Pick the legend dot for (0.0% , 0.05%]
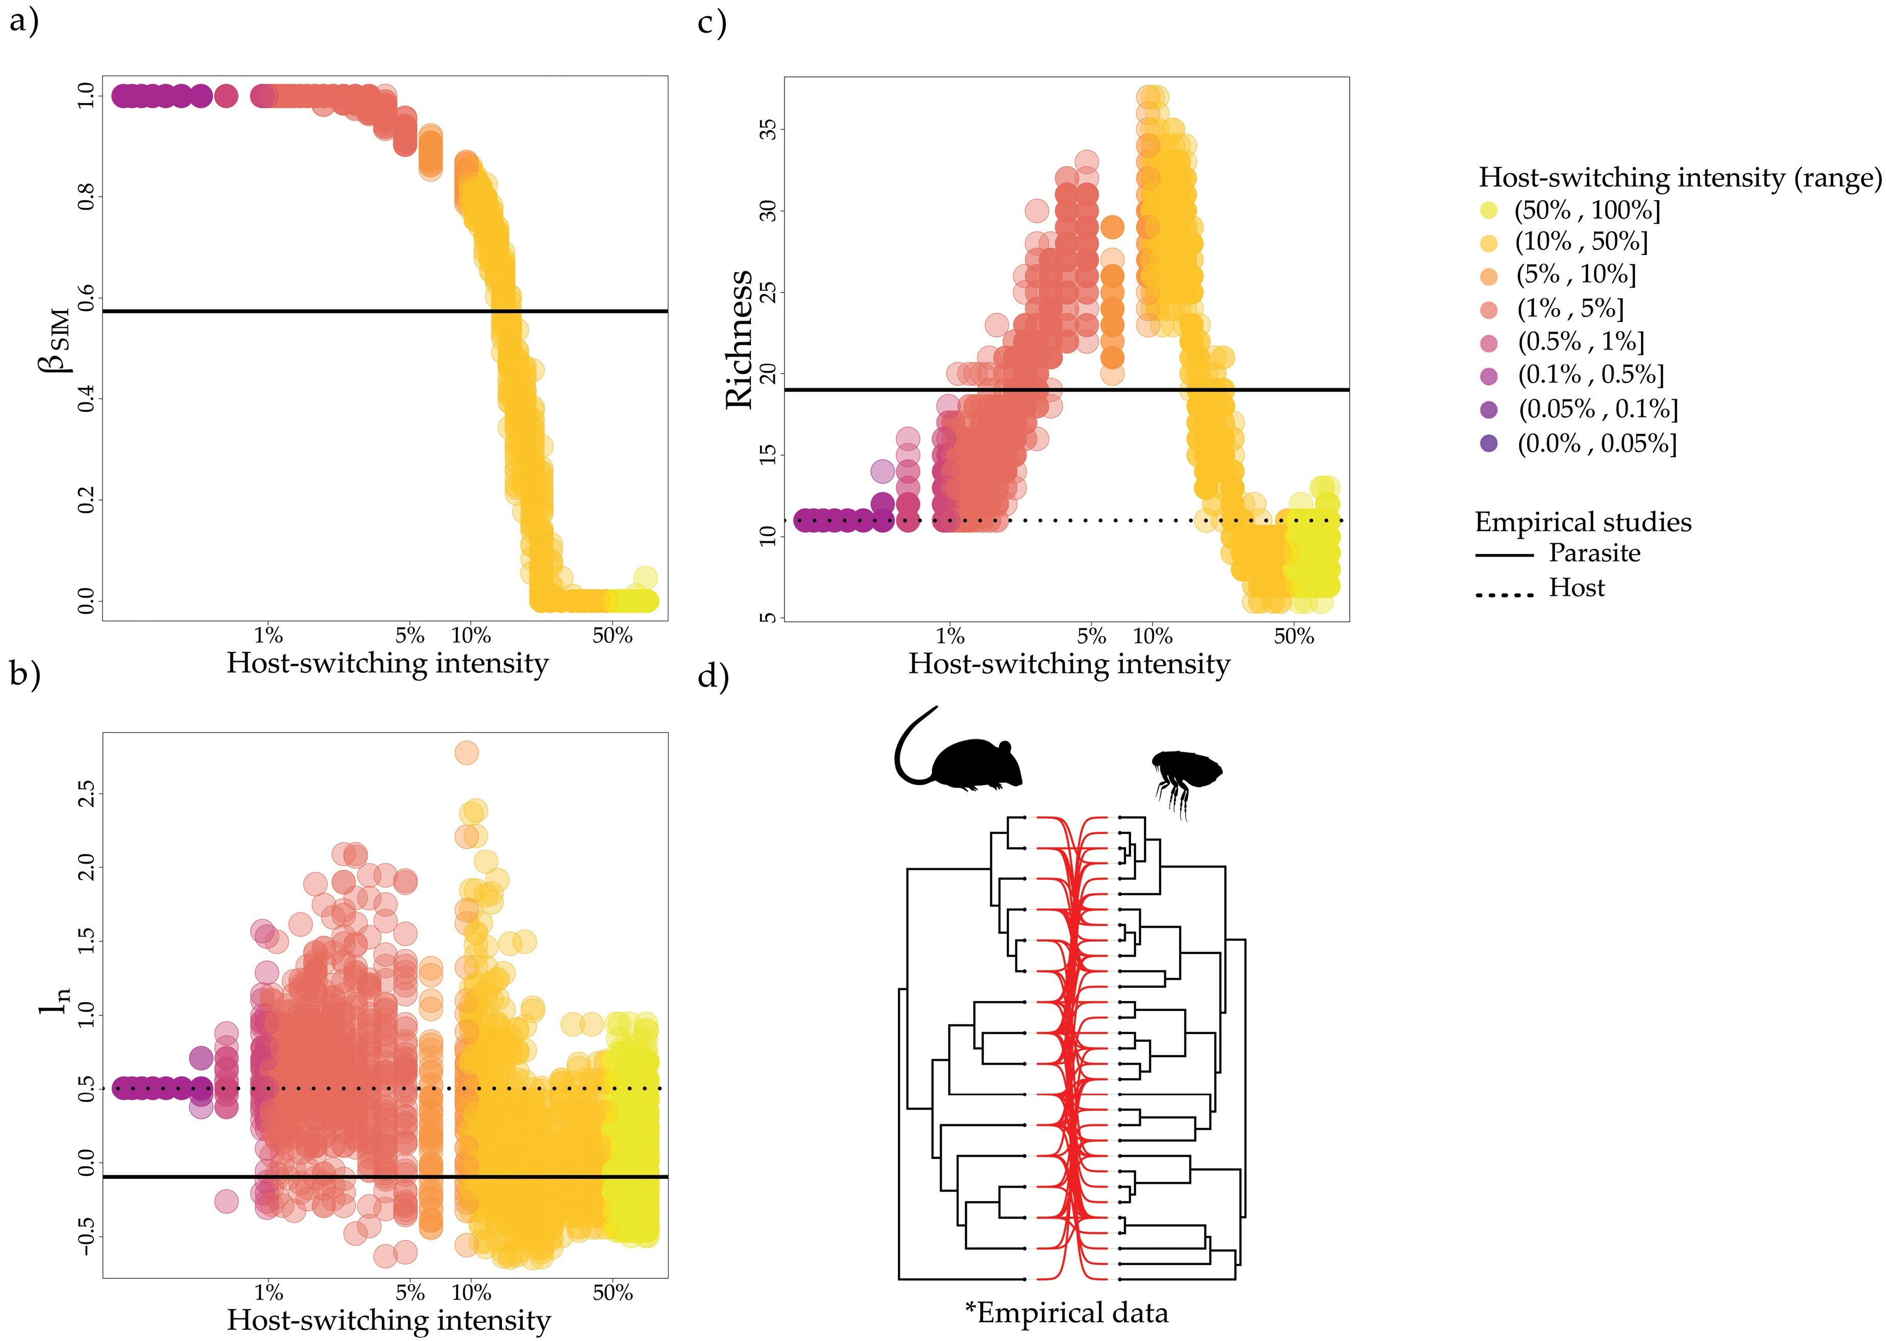point(1489,443)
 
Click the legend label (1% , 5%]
point(1570,309)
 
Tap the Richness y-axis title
point(739,338)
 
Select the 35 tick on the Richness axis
point(768,129)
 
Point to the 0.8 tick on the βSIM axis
point(86,197)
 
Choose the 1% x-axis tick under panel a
point(268,636)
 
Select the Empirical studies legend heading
point(1582,522)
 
